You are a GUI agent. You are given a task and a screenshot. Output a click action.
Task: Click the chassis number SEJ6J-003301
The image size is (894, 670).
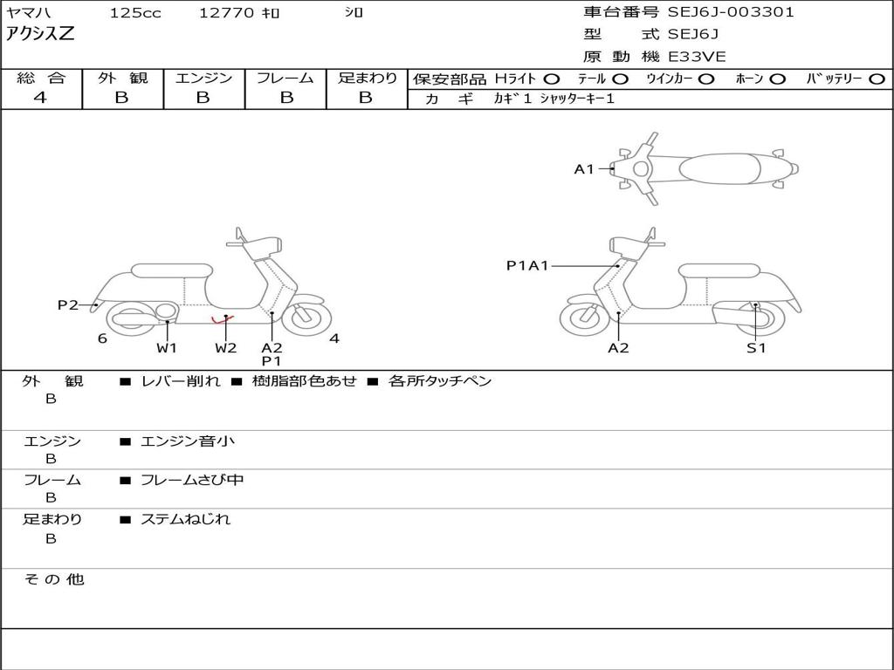click(731, 12)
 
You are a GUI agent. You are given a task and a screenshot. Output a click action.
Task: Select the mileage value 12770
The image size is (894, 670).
click(226, 13)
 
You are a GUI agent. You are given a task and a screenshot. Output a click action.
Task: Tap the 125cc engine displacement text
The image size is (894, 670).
click(135, 13)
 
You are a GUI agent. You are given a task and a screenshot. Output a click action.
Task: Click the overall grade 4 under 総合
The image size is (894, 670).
click(40, 98)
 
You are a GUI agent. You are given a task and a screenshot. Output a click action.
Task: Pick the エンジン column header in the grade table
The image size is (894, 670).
click(203, 79)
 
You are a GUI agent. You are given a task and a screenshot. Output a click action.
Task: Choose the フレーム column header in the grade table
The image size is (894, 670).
click(285, 79)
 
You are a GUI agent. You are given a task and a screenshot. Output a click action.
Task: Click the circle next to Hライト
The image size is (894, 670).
click(553, 79)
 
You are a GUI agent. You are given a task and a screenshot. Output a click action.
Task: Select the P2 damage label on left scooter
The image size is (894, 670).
click(67, 304)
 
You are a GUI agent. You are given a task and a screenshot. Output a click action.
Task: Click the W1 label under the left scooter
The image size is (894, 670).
click(167, 348)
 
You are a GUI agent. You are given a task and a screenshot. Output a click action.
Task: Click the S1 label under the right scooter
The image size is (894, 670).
click(756, 348)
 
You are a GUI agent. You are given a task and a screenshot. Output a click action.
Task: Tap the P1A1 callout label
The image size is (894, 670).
click(527, 265)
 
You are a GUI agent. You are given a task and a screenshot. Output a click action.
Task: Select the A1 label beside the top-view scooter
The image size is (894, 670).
click(583, 169)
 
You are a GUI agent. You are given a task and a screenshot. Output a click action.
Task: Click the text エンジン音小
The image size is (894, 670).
click(188, 441)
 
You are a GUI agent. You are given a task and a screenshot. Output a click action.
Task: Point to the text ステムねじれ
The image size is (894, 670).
click(186, 519)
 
